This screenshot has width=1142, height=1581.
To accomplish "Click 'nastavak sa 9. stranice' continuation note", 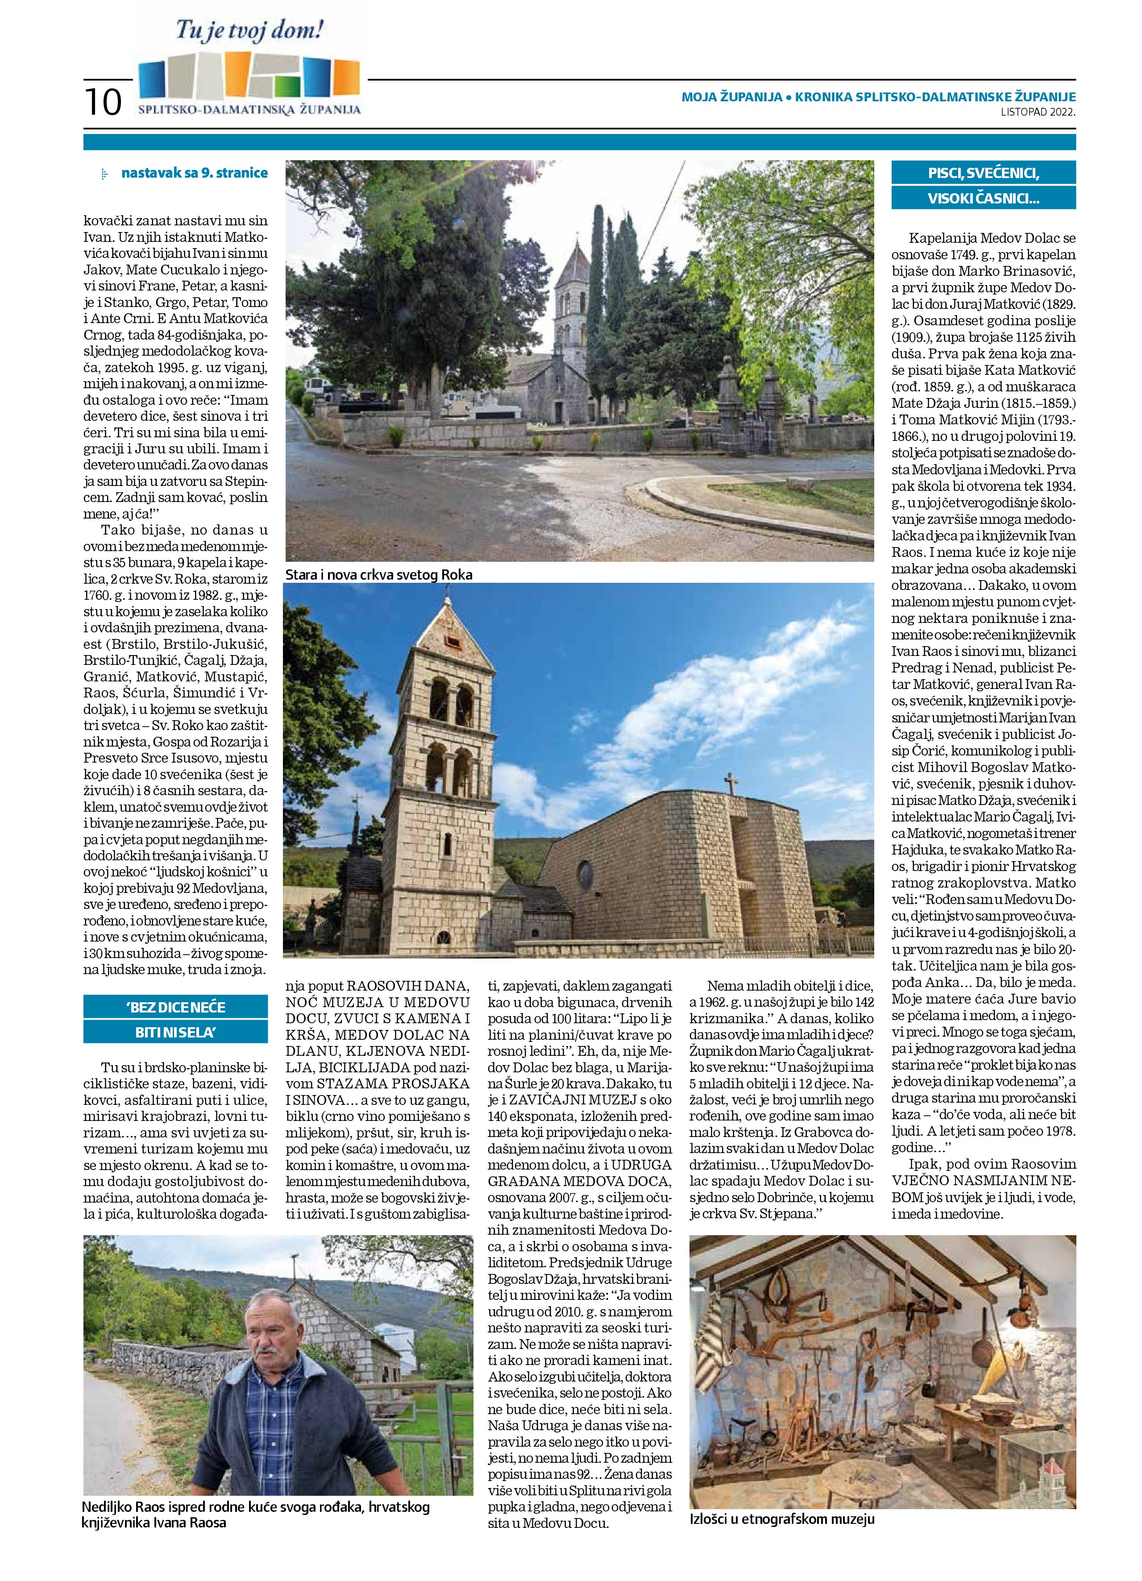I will tap(194, 173).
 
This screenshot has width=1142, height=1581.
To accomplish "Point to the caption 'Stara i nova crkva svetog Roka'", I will tap(378, 574).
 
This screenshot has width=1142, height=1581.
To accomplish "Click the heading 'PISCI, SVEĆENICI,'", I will tap(984, 172).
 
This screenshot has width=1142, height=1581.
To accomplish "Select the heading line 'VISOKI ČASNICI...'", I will tap(984, 199).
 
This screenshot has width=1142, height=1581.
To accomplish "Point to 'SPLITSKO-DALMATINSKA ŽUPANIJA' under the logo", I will tap(249, 109).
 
